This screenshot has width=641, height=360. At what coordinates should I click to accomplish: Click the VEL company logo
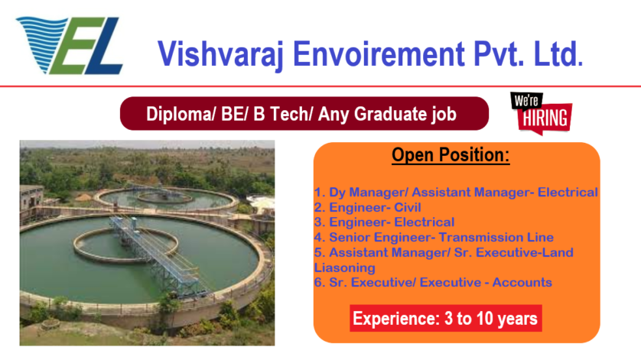[x=70, y=45]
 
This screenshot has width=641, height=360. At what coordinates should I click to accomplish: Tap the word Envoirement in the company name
[x=379, y=54]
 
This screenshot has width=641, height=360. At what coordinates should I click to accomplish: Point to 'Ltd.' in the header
[x=558, y=54]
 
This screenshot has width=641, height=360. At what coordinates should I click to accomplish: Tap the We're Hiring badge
[x=541, y=113]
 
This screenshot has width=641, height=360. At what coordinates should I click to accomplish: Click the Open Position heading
[x=451, y=155]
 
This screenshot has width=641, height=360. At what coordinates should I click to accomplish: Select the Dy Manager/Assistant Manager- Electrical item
[x=456, y=192]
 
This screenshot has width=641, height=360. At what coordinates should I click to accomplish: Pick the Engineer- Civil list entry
[x=367, y=207]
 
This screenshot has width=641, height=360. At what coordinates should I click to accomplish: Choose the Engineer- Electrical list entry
[x=384, y=222]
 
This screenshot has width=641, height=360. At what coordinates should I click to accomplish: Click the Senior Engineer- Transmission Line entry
[x=434, y=237]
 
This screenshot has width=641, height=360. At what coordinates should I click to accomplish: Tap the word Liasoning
[x=345, y=268]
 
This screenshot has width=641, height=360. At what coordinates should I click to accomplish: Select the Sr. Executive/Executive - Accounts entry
[x=433, y=282]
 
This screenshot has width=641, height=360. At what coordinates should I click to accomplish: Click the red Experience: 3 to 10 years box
[x=446, y=318]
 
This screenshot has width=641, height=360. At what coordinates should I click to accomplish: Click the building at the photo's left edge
[x=31, y=197]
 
